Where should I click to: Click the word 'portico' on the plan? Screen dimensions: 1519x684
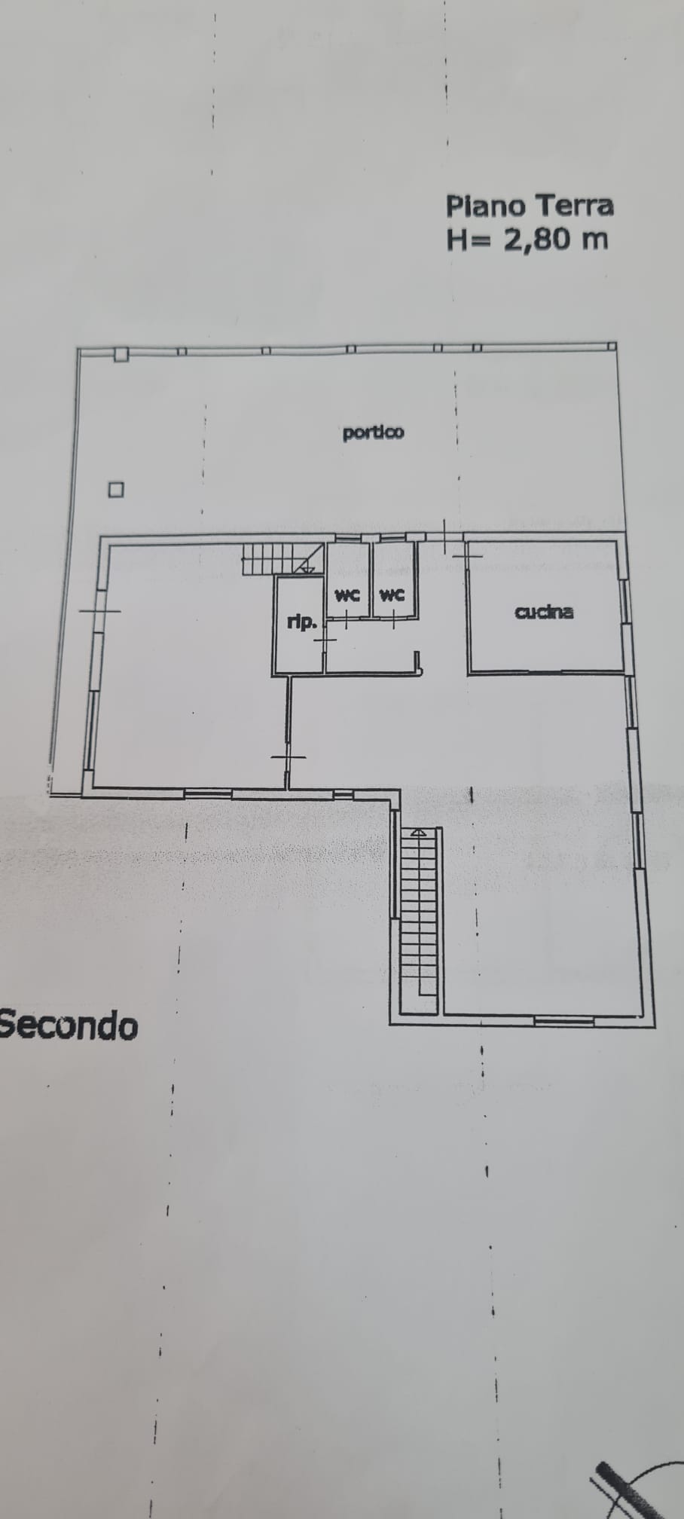[x=373, y=433]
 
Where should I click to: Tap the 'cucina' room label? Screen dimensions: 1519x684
[x=544, y=612]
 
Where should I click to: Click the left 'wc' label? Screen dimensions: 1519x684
[x=347, y=595]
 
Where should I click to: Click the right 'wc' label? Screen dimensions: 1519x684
[x=392, y=595]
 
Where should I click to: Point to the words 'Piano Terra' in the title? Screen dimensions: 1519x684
[x=530, y=206]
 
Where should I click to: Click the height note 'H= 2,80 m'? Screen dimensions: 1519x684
[x=527, y=240]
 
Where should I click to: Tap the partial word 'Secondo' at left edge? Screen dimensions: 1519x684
[x=68, y=1025]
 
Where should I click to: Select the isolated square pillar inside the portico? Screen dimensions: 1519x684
[x=115, y=491]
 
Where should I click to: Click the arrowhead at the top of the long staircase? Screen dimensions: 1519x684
[x=419, y=832]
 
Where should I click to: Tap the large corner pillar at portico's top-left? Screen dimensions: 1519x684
[x=120, y=353]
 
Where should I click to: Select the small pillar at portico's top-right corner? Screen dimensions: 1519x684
[x=612, y=346]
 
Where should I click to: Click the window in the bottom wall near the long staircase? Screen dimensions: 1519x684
[x=564, y=1021]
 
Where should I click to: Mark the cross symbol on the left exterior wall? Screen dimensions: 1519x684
[x=99, y=610]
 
